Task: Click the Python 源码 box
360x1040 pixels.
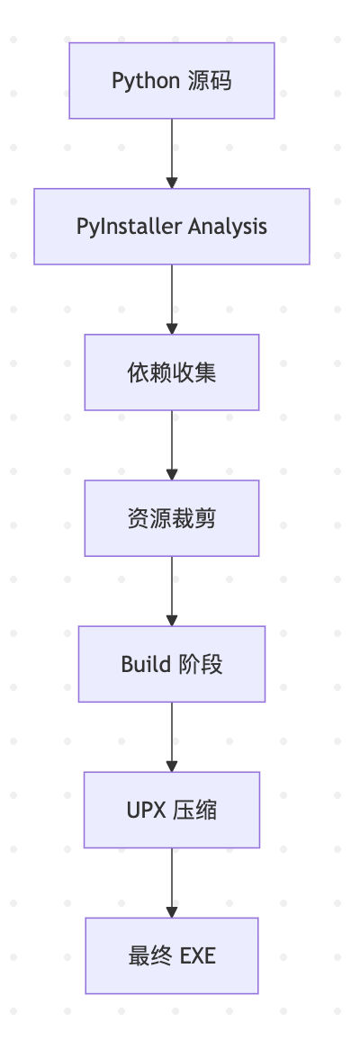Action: [x=172, y=80]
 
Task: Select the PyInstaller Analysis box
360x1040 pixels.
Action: [x=172, y=226]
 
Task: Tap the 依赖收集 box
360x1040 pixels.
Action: [x=172, y=372]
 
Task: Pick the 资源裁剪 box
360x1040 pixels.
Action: [x=172, y=518]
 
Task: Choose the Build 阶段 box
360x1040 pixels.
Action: [x=172, y=664]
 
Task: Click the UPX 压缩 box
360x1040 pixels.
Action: [x=172, y=810]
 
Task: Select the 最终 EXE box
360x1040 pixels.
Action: [x=172, y=955]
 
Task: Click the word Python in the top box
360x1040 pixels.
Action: [x=146, y=81]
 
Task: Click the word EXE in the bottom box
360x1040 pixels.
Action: [x=198, y=956]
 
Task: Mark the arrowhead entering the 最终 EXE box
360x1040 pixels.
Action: [x=172, y=912]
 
